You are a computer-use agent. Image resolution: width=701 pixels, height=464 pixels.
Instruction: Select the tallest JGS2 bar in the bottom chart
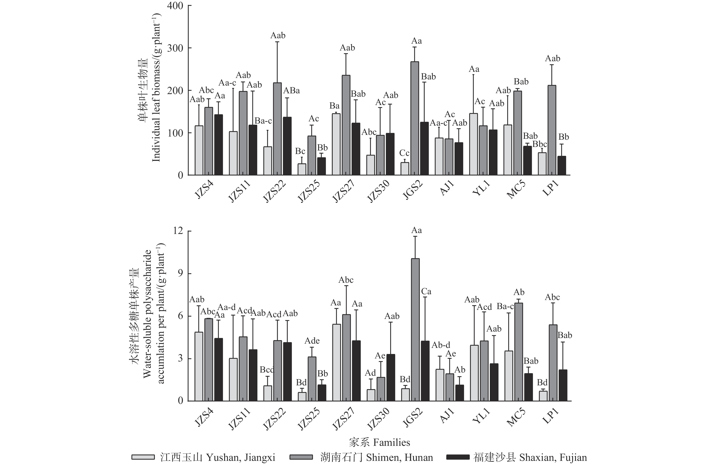click(415, 330)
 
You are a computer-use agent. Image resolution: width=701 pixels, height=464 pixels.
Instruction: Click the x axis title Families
click(379, 442)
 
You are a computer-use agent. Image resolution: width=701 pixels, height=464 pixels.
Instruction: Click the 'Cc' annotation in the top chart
click(404, 153)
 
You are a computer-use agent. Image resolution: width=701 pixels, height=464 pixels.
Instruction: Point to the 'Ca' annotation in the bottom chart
click(426, 291)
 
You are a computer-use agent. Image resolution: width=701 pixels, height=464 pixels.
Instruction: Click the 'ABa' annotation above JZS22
click(291, 91)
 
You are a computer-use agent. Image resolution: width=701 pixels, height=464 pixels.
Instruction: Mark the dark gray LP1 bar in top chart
click(552, 130)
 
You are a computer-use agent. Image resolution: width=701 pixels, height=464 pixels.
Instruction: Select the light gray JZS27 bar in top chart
click(336, 144)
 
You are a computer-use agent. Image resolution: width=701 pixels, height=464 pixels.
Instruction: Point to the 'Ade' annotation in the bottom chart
click(312, 341)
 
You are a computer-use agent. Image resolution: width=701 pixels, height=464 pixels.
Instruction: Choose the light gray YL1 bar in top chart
click(473, 144)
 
